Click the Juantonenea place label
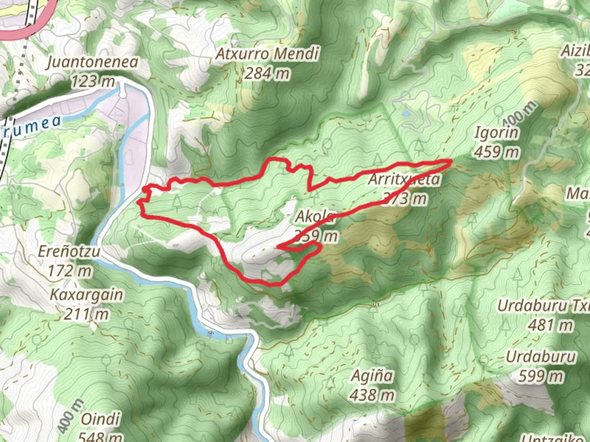(x=92, y=62)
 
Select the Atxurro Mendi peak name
(x=267, y=54)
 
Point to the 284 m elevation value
(x=267, y=73)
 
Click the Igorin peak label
(x=497, y=133)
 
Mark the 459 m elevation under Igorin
(x=497, y=152)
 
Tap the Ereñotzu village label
(x=69, y=251)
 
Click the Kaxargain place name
(x=86, y=295)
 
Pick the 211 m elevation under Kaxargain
(x=86, y=314)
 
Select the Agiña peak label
(x=372, y=376)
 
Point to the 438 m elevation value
(x=372, y=395)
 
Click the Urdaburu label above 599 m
(x=541, y=357)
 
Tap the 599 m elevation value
(x=541, y=376)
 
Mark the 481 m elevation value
(x=550, y=325)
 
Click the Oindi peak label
(x=100, y=419)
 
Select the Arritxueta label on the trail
(x=404, y=179)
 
